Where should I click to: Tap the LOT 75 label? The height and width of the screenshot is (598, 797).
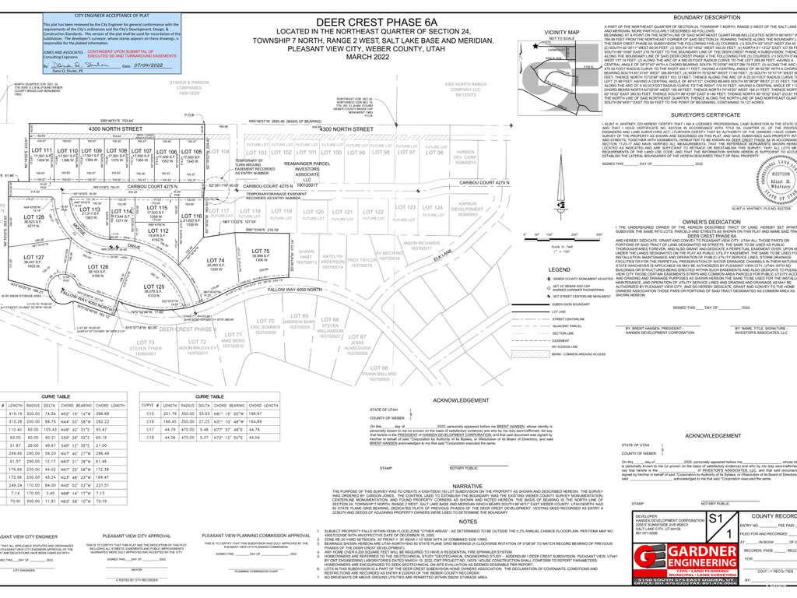[261, 251]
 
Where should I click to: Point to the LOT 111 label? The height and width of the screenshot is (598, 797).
[42, 150]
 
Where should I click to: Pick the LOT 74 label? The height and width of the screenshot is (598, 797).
[216, 260]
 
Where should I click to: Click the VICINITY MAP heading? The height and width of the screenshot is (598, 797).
[562, 32]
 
